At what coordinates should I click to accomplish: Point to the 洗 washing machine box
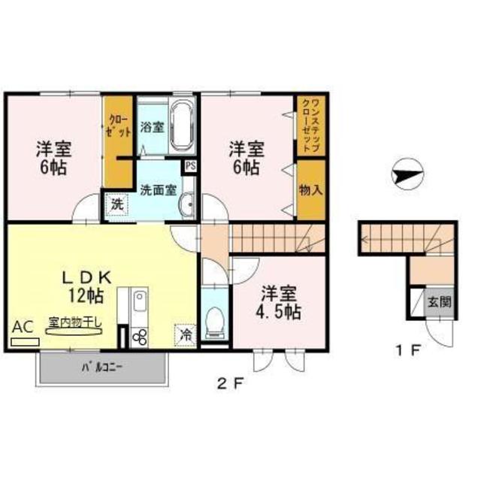click(x=116, y=204)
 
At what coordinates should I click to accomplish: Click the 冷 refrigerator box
click(x=183, y=334)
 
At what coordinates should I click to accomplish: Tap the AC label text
click(x=23, y=327)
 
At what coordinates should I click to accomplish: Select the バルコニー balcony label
click(x=102, y=368)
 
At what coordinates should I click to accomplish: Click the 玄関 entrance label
click(x=440, y=304)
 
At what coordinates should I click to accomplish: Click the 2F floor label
click(x=231, y=384)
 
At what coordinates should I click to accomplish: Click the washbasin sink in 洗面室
click(x=188, y=203)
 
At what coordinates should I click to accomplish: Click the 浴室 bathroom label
click(x=153, y=127)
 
